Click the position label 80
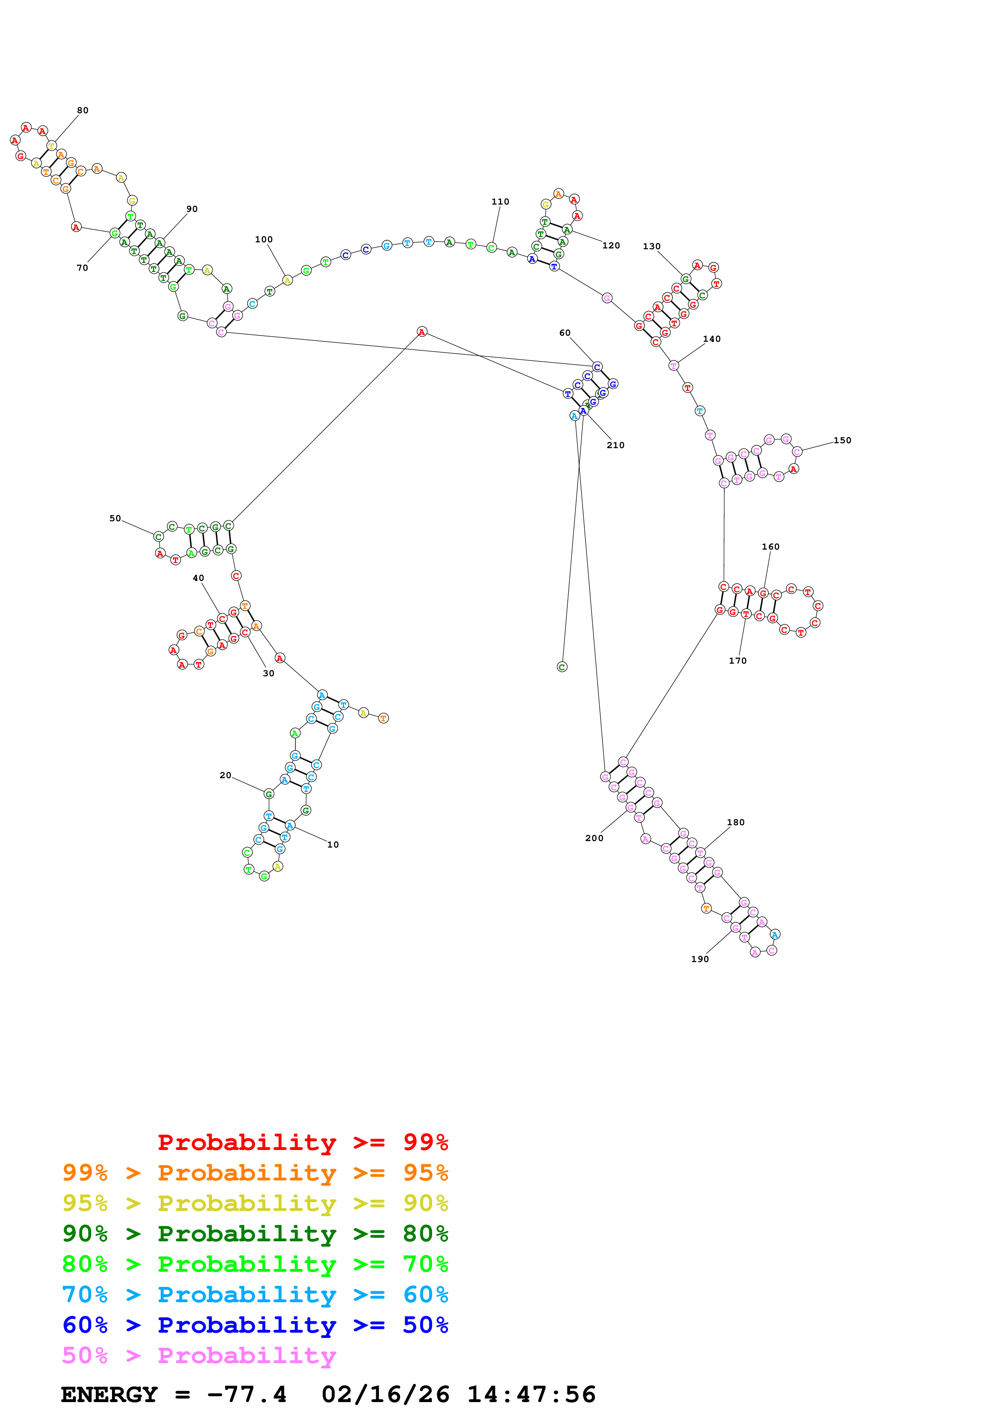[82, 110]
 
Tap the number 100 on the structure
[263, 239]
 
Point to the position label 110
[500, 202]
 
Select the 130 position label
[651, 246]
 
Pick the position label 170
[738, 660]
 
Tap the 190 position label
[700, 959]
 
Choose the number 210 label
[616, 445]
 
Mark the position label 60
[564, 333]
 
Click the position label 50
[115, 518]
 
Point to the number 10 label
[333, 845]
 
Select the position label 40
[198, 578]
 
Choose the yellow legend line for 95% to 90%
[255, 1203]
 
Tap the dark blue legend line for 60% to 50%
[255, 1325]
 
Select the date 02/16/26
[385, 1394]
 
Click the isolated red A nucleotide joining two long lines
[422, 332]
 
